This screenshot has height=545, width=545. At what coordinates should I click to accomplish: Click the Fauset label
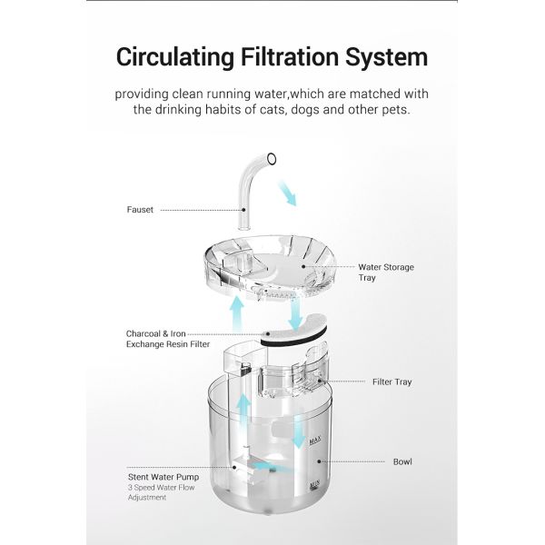click(140, 210)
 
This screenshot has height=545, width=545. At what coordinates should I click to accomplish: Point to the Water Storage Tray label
click(385, 272)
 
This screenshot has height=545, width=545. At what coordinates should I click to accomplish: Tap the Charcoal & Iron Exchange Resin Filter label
click(168, 339)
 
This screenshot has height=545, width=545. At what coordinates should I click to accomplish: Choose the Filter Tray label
click(391, 381)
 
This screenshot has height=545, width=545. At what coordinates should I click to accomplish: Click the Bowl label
click(401, 461)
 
